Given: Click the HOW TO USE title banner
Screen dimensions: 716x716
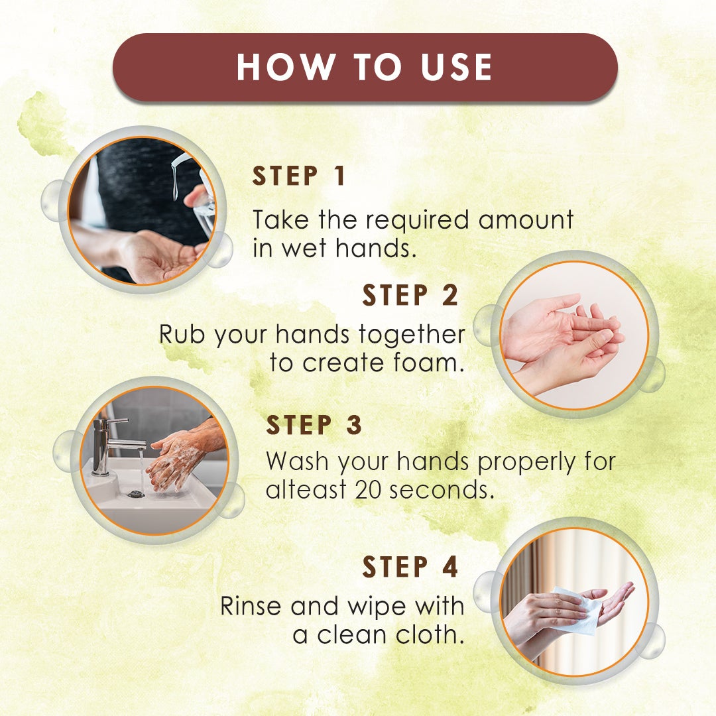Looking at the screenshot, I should pos(365,68).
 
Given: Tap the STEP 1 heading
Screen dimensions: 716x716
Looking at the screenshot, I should pos(299,177).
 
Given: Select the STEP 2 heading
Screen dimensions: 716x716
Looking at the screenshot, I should pos(410,296).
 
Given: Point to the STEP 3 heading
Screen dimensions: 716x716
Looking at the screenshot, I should pos(314,426).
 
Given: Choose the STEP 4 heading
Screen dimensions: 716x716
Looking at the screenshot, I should pos(410,567).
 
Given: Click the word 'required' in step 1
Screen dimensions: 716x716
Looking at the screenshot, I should pos(410,219).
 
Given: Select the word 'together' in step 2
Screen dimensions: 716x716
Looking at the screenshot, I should pos(412,335).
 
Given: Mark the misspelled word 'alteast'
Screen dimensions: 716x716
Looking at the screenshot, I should pos(306,491).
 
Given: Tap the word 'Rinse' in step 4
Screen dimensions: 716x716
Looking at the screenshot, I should pos(254,606).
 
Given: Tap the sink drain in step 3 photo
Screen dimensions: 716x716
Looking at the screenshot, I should pos(136,493).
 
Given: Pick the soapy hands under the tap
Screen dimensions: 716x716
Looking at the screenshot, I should pos(174,460).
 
